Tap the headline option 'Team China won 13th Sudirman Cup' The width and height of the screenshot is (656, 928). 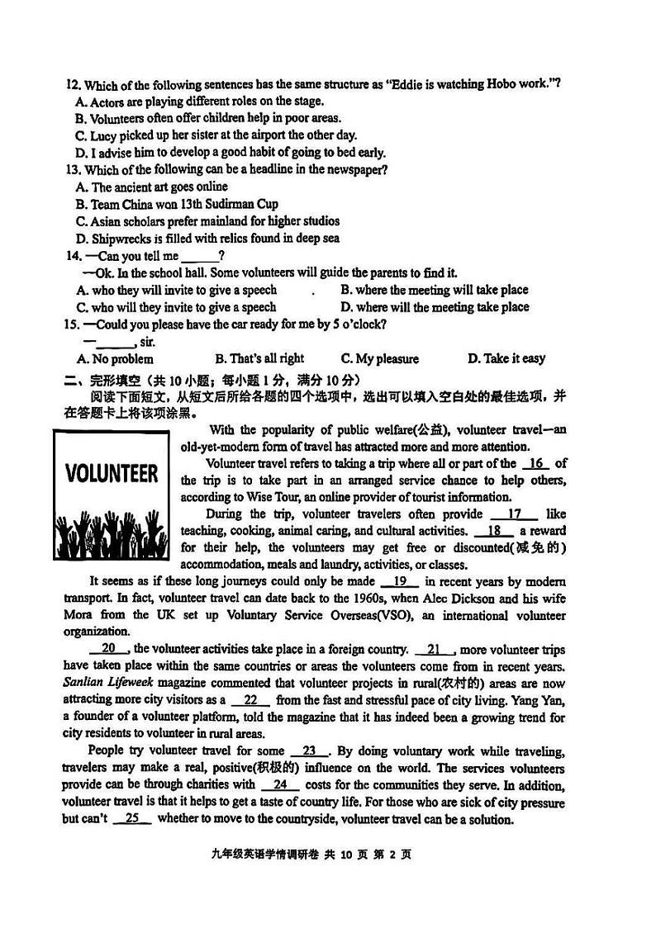[183, 204]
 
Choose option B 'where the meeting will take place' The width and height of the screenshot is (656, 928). [434, 290]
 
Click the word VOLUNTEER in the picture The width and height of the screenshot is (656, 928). [112, 474]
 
